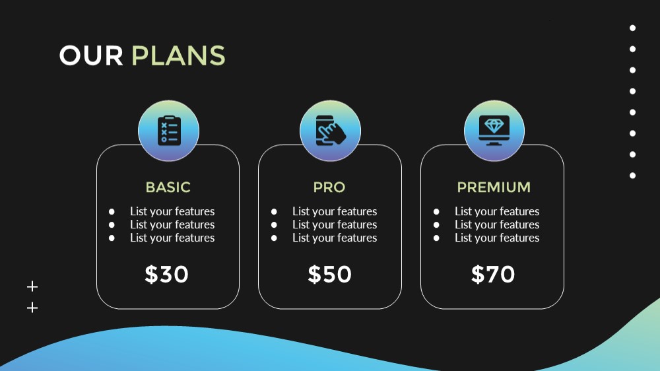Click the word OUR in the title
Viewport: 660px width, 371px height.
pyautogui.click(x=91, y=55)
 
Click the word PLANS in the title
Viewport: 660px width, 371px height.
pyautogui.click(x=178, y=55)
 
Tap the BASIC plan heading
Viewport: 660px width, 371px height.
pyautogui.click(x=168, y=187)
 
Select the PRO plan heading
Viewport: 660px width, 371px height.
pyautogui.click(x=329, y=187)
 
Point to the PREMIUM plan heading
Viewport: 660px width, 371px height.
pyautogui.click(x=494, y=187)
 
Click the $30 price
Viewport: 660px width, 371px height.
pyautogui.click(x=166, y=274)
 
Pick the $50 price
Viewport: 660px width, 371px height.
pyautogui.click(x=329, y=274)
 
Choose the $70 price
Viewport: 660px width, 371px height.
pyautogui.click(x=493, y=274)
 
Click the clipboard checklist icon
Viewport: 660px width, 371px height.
pyautogui.click(x=169, y=131)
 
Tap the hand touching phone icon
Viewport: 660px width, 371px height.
pyautogui.click(x=331, y=131)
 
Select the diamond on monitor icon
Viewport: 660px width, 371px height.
pyautogui.click(x=494, y=130)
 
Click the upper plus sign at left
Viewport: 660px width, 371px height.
pyautogui.click(x=32, y=287)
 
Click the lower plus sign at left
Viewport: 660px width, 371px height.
pyautogui.click(x=32, y=308)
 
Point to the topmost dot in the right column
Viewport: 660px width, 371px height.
pyautogui.click(x=633, y=28)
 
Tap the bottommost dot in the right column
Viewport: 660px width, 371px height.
pyautogui.click(x=633, y=176)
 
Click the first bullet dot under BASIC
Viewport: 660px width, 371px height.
pyautogui.click(x=112, y=211)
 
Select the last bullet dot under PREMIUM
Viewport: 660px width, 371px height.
pyautogui.click(x=436, y=238)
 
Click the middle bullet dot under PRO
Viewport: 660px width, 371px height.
pyautogui.click(x=274, y=225)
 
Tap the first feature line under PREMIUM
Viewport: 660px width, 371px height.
pyautogui.click(x=497, y=211)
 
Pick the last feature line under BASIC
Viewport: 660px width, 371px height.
pyautogui.click(x=172, y=238)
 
